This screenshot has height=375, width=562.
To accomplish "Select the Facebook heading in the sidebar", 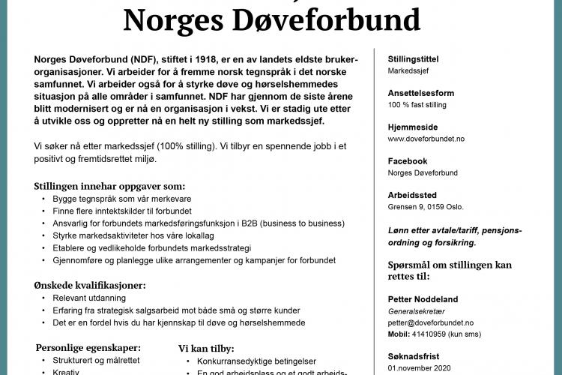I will tap(408, 161).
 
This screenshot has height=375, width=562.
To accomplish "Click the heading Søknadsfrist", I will tap(414, 357).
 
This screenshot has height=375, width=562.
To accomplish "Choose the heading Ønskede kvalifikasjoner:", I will tap(90, 285).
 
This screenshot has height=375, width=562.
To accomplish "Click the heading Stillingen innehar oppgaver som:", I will tap(109, 186).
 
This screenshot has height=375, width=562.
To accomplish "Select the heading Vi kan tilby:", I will tap(206, 348).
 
